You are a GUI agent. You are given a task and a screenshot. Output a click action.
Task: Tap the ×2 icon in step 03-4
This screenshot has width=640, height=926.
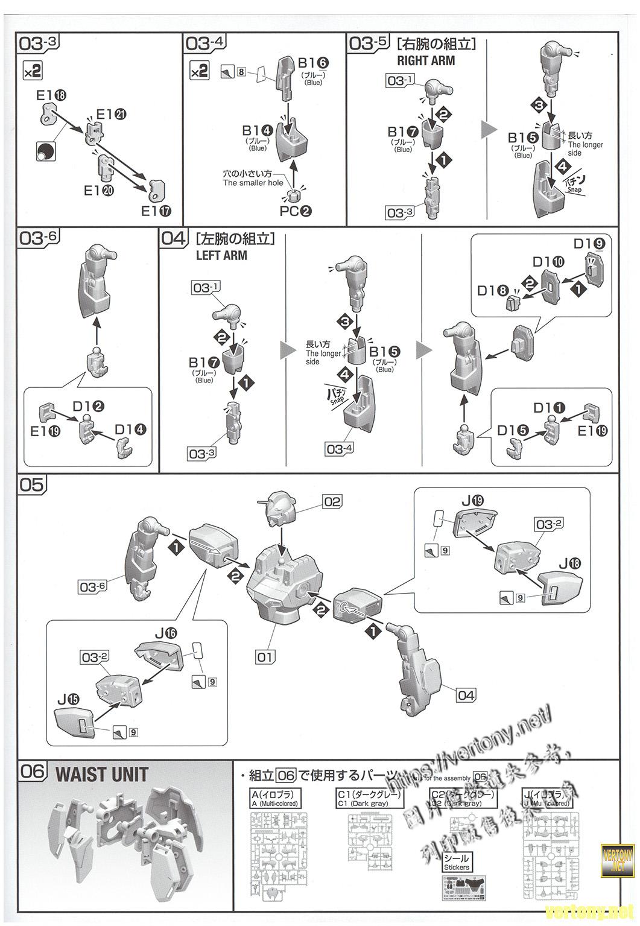199,71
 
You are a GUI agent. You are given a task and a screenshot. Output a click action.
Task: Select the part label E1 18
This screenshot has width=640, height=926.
51,95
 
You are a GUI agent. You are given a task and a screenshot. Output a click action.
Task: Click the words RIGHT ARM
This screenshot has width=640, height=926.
426,60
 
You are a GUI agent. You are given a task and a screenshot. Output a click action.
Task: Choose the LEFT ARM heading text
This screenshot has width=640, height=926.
221,255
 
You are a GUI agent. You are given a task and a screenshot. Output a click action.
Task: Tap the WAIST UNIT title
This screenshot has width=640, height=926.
101,774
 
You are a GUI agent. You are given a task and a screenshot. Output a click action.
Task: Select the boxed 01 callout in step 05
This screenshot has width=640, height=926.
264,656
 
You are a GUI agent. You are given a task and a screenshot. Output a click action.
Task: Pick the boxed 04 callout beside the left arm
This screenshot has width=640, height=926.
466,695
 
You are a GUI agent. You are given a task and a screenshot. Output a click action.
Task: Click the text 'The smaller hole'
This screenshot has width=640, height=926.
253,183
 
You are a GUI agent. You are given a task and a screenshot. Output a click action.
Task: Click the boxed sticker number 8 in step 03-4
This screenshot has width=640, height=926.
241,72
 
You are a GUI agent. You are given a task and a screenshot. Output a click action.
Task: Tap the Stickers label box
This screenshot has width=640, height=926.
455,862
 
